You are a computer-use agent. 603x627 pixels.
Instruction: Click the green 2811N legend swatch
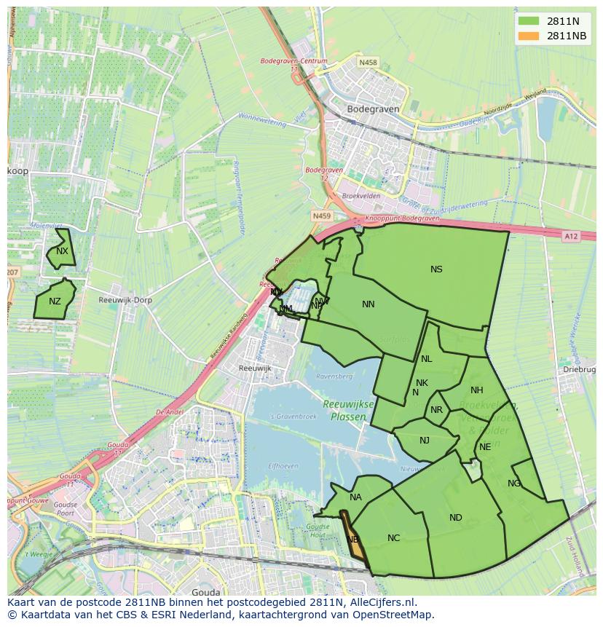tap(529, 20)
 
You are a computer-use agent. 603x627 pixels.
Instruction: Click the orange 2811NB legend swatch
tap(529, 36)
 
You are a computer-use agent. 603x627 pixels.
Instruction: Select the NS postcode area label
tap(436, 269)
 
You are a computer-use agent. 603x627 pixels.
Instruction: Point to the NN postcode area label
tap(368, 304)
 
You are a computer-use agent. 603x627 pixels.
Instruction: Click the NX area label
tap(62, 251)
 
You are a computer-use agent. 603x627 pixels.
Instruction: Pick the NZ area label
tap(55, 301)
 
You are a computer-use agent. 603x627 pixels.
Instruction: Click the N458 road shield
tap(368, 63)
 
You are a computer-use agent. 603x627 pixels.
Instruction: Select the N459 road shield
tap(321, 216)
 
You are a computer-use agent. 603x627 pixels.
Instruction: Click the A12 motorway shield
tap(571, 236)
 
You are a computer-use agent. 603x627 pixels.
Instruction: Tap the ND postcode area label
tap(455, 518)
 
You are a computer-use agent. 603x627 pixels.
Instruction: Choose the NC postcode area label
tap(393, 538)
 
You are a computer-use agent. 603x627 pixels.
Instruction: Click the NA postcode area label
tap(355, 497)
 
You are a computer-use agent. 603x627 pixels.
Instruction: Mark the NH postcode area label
tap(476, 390)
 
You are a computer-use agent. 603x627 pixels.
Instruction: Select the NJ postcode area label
tap(425, 440)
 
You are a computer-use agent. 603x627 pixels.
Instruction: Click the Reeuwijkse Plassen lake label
tap(348, 411)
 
